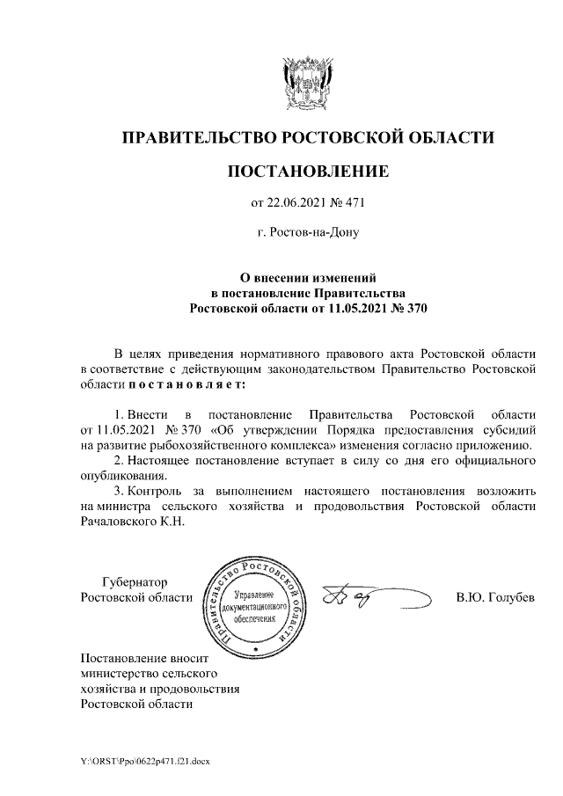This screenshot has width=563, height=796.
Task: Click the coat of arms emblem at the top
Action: point(307,81)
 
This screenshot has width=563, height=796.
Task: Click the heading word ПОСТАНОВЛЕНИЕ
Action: point(307,171)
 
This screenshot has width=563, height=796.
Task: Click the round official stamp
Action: point(254,607)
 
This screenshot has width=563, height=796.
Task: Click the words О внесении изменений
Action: point(308,278)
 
